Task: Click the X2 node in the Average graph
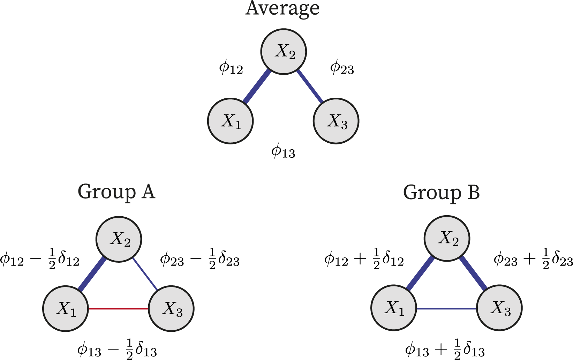284,52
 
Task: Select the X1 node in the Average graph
231,121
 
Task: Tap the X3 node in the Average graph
336,121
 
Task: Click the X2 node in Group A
119,239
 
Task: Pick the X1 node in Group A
66,309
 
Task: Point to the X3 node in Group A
171,309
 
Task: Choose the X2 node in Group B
447,239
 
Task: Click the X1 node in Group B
393,308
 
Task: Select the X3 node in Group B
499,308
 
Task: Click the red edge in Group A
119,309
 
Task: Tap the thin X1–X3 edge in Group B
446,309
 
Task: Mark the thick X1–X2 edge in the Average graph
257,86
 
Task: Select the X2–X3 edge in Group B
473,273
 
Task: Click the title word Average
282,8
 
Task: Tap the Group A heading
116,192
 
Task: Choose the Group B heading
441,193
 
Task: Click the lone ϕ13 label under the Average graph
283,152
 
